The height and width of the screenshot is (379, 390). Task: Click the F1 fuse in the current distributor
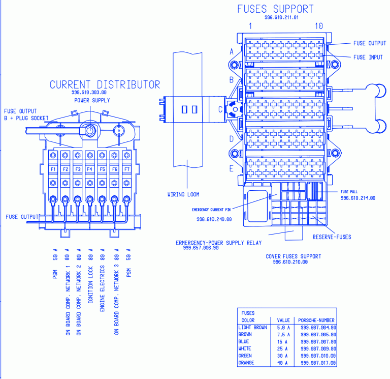(53, 169)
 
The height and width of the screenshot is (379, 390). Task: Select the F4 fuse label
(90, 169)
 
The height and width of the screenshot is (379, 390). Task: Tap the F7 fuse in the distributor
(126, 169)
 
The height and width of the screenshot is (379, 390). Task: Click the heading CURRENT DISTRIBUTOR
(105, 84)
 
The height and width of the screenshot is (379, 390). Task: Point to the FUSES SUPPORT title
(275, 9)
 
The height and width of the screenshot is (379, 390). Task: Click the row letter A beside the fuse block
(232, 51)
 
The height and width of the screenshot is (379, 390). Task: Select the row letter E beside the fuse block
(232, 168)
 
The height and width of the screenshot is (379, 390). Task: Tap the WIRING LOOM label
(183, 194)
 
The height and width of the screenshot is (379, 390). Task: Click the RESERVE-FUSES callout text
(332, 237)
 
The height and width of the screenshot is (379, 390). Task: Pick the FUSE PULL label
(349, 192)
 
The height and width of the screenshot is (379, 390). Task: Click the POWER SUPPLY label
(92, 100)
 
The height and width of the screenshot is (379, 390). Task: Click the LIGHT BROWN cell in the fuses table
(252, 328)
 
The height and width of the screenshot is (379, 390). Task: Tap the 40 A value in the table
(283, 363)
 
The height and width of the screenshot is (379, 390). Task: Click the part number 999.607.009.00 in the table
(318, 348)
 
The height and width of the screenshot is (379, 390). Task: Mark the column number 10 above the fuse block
(318, 26)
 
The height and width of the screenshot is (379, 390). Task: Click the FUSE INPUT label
(368, 57)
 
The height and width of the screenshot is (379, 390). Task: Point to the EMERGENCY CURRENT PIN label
(211, 210)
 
